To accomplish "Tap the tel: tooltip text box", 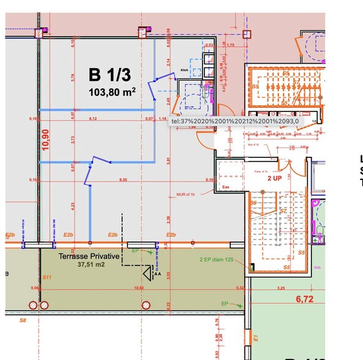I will click(x=236, y=121).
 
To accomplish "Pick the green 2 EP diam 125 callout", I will click(x=218, y=260).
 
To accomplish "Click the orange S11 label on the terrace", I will click(x=47, y=277).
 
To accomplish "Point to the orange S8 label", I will click(x=23, y=320).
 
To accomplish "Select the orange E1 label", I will click(x=256, y=337).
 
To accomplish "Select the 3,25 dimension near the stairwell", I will click(x=281, y=287).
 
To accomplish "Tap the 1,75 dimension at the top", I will click(x=231, y=45).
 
